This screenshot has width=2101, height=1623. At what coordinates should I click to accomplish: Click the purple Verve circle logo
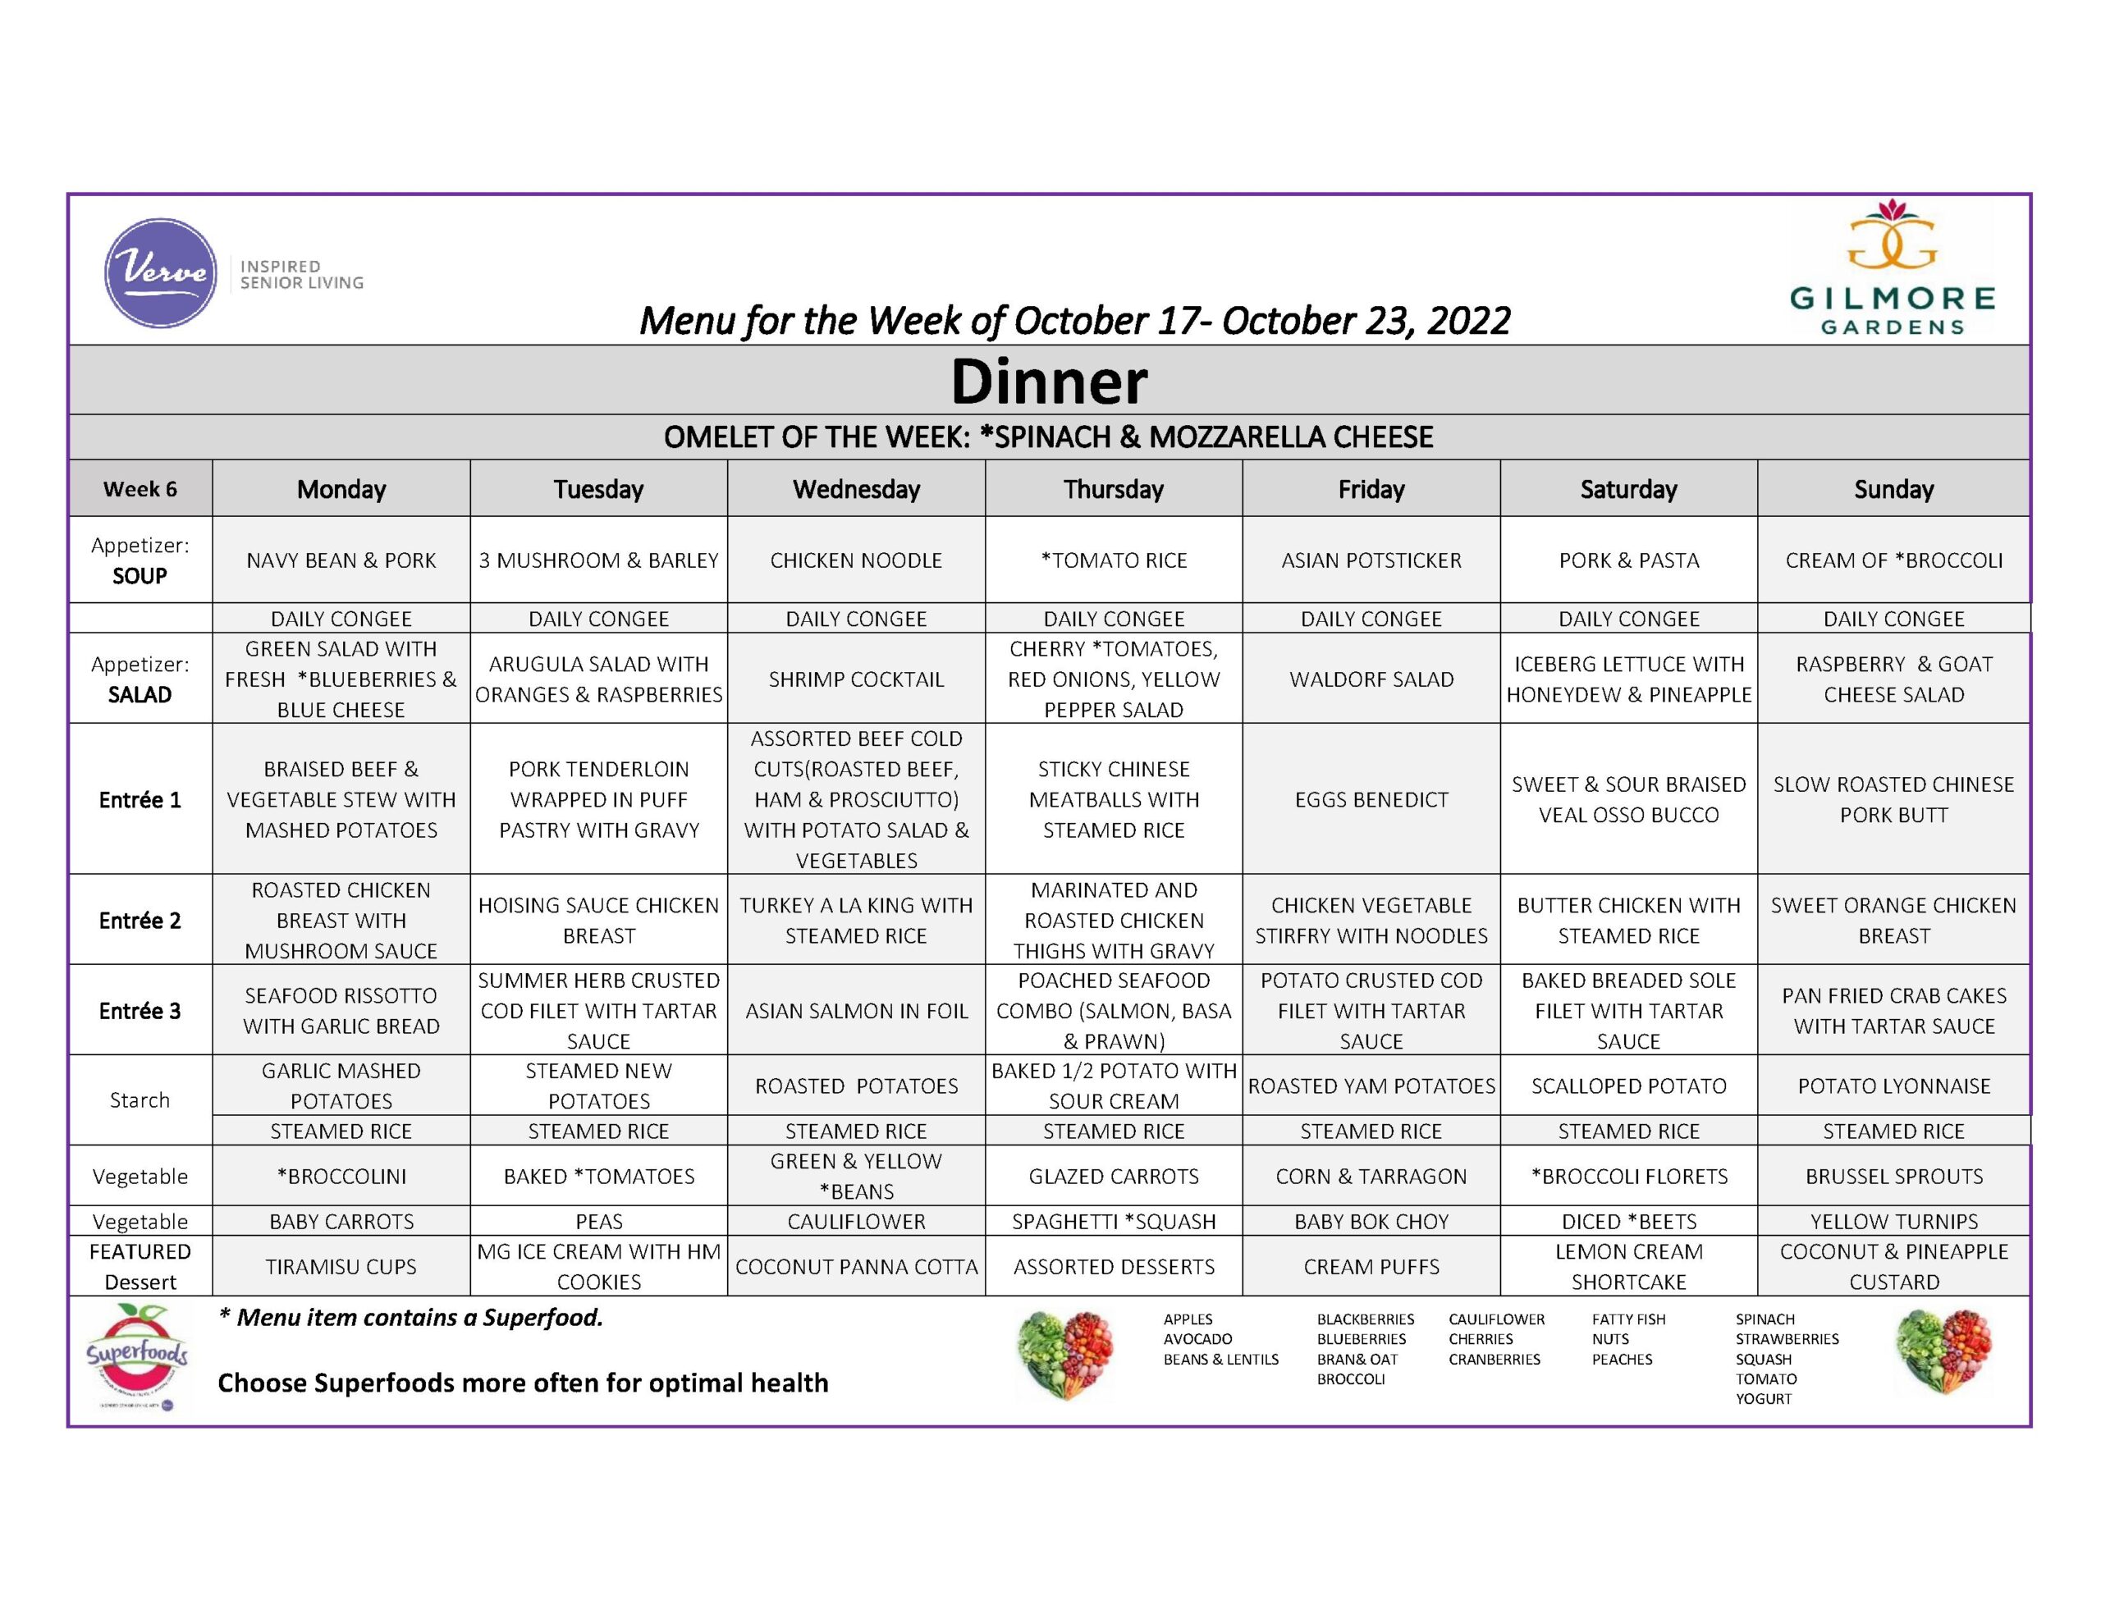[x=160, y=272]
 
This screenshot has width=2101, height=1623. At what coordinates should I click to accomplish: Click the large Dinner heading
[x=1049, y=381]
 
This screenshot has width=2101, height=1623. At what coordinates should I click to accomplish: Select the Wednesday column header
[x=856, y=490]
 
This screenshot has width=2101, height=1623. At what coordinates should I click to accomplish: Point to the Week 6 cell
[x=140, y=490]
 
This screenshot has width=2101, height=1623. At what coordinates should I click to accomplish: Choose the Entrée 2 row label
[x=140, y=921]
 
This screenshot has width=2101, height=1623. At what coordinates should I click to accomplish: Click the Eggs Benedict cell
[x=1371, y=799]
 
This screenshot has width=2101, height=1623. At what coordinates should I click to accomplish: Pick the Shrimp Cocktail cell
[x=856, y=679]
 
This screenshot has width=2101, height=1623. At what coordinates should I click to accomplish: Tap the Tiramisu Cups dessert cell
[x=341, y=1267]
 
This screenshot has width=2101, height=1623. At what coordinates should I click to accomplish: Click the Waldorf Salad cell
[x=1371, y=679]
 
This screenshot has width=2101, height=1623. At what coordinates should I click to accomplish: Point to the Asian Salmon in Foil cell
[x=856, y=1011]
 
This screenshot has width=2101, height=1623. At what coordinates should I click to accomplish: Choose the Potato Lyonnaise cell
[x=1893, y=1086]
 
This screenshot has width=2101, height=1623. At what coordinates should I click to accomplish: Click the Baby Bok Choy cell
[x=1371, y=1222]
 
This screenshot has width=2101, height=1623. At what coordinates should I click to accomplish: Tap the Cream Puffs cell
[x=1371, y=1267]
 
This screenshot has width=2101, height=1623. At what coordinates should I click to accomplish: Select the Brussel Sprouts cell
[x=1893, y=1177]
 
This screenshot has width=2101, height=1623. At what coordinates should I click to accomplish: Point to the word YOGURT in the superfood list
[x=1764, y=1399]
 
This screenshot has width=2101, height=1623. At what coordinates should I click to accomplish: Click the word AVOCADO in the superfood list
[x=1197, y=1339]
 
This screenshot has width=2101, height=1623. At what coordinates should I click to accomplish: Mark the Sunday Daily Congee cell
[x=1893, y=619]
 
